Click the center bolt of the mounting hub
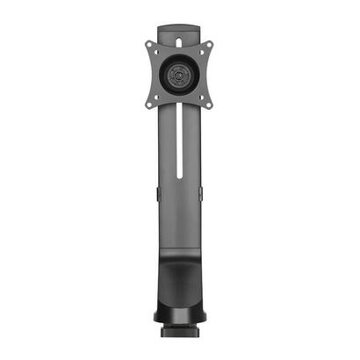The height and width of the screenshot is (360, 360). [181, 75]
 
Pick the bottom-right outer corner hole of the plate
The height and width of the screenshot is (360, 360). [210, 104]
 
